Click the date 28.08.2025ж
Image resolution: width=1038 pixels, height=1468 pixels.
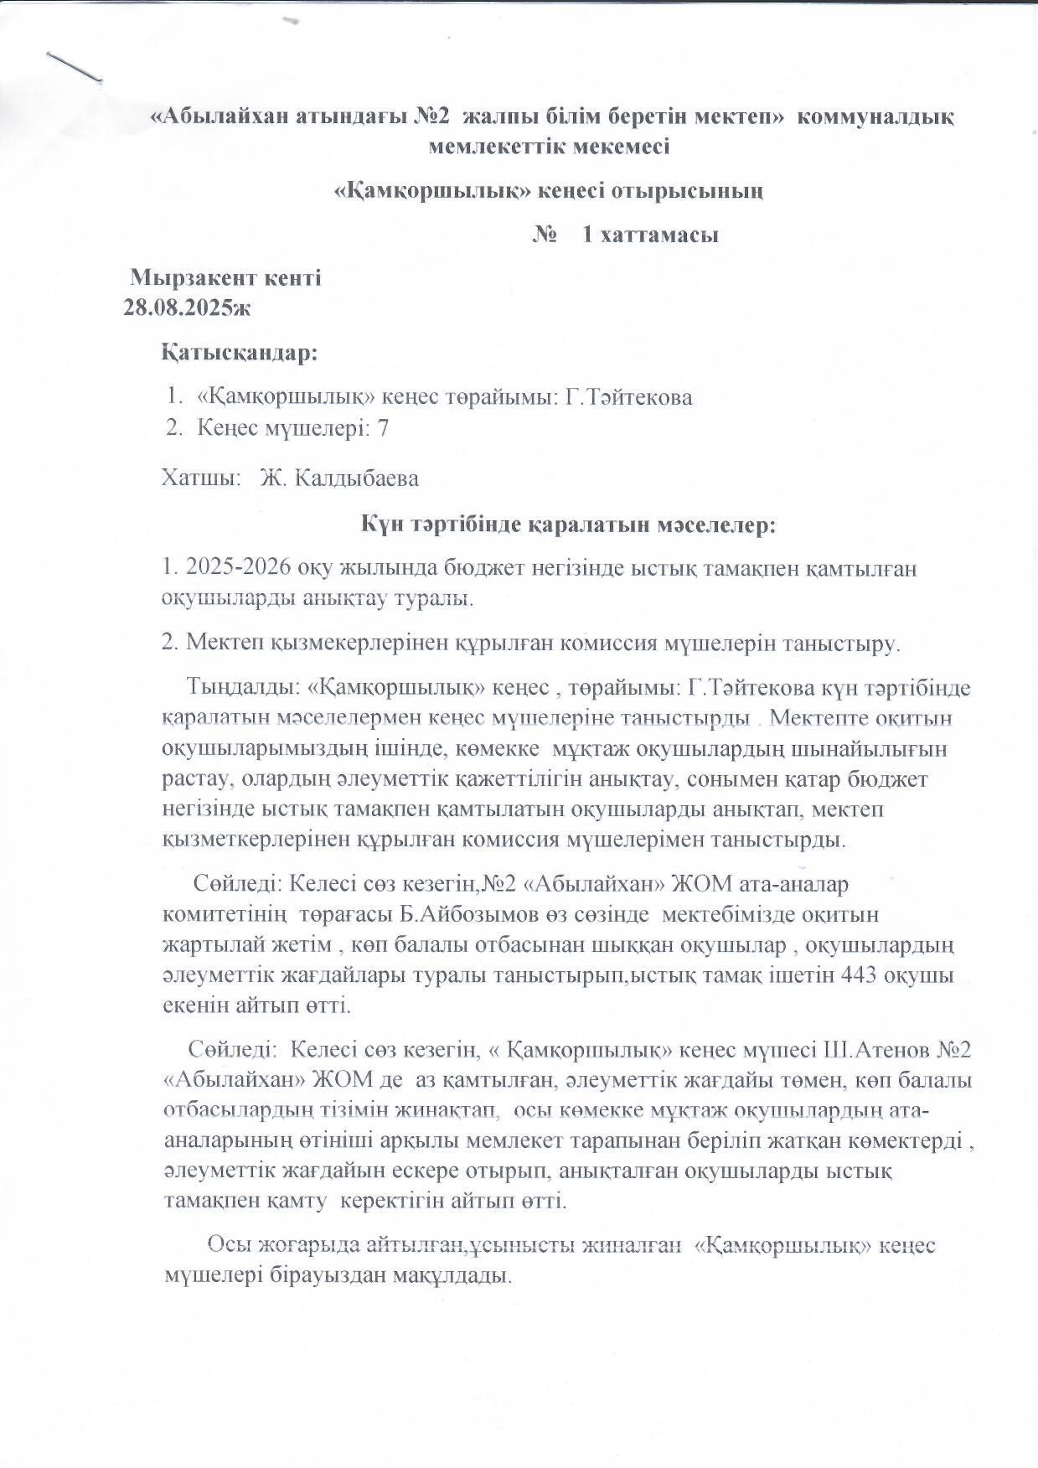click(187, 308)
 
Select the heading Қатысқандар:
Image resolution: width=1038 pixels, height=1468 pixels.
click(240, 354)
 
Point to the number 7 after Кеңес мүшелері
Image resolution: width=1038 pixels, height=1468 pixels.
click(384, 428)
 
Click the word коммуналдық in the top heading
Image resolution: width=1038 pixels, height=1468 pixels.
click(876, 116)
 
